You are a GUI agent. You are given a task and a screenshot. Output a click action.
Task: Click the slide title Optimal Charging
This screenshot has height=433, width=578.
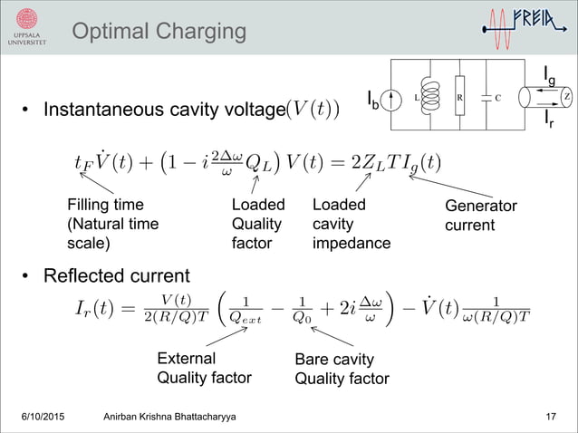(x=158, y=32)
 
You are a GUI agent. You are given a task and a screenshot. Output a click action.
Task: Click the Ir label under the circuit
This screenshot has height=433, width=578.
(x=550, y=118)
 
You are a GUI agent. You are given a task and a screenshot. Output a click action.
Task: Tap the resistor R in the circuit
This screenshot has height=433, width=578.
(x=459, y=96)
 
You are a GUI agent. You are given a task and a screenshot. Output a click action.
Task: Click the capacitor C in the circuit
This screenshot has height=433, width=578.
(x=488, y=96)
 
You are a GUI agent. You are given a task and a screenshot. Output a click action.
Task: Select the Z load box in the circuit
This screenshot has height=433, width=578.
(x=565, y=96)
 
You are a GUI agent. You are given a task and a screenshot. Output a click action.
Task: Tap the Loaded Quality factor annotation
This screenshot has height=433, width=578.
(x=258, y=224)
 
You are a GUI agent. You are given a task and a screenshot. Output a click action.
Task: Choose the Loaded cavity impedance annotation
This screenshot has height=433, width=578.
(x=351, y=224)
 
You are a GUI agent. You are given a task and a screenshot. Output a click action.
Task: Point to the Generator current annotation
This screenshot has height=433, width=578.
(x=480, y=216)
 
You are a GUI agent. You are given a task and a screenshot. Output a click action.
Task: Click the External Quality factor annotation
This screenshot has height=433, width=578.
(x=204, y=368)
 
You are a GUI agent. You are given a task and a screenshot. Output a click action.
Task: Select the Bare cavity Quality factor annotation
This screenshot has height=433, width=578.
(x=342, y=370)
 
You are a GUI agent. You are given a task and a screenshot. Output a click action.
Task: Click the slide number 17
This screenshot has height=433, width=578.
(x=551, y=416)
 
